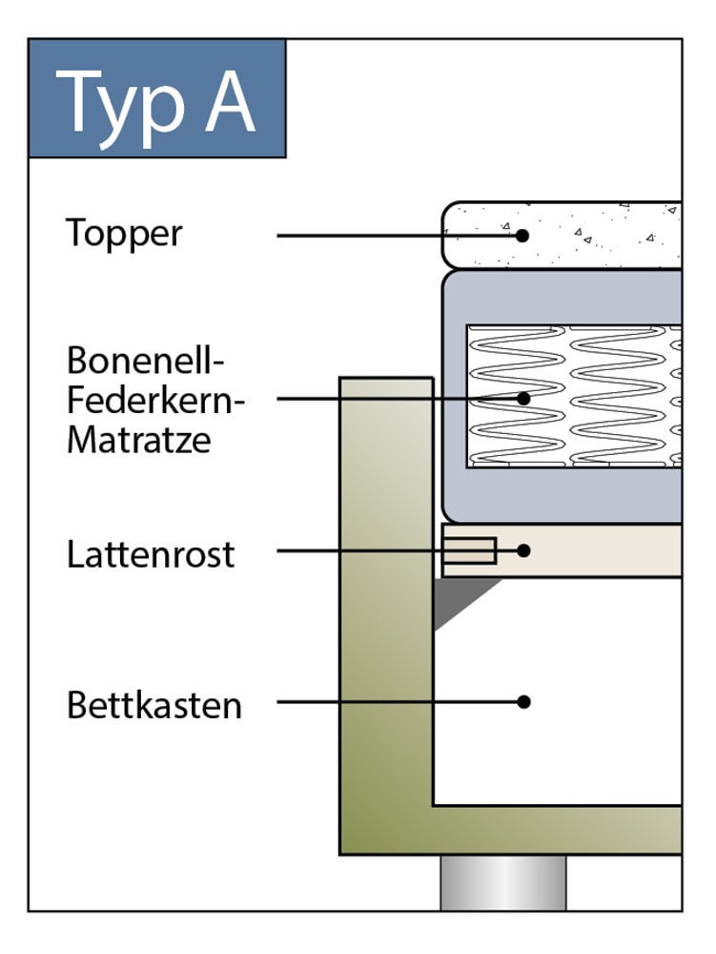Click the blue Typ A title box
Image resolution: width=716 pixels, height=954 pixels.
coord(156,98)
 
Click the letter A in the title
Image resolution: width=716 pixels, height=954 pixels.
coord(230,102)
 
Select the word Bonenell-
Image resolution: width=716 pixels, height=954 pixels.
coord(146,361)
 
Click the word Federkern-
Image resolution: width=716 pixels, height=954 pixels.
coord(155,400)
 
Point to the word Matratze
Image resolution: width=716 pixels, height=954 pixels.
coord(139,439)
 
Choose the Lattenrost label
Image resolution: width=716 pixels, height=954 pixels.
coord(151,554)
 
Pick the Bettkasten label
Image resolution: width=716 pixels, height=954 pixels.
coord(154,705)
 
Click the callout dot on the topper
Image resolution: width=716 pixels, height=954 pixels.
coord(522,236)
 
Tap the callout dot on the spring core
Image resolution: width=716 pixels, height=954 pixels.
coord(523,399)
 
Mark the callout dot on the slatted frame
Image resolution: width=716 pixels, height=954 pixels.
coord(523,550)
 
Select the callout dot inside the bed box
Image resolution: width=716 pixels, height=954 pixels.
coord(523,701)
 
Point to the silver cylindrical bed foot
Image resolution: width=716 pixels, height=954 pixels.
coord(503,882)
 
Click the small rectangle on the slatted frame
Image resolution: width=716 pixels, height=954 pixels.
coord(469,550)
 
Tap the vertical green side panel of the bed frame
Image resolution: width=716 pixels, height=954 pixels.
coord(386,596)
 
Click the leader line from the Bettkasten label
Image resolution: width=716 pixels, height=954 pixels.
coord(399,701)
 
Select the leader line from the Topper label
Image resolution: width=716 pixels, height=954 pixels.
coord(399,236)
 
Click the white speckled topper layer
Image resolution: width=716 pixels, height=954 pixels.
coord(563,235)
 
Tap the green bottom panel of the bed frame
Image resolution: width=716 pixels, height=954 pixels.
coord(511,831)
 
